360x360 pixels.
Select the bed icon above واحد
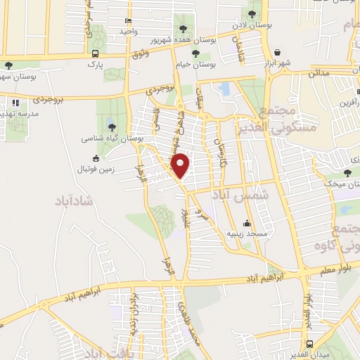[128, 21]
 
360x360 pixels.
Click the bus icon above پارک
[96, 53]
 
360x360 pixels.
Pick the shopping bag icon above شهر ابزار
[278, 53]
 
